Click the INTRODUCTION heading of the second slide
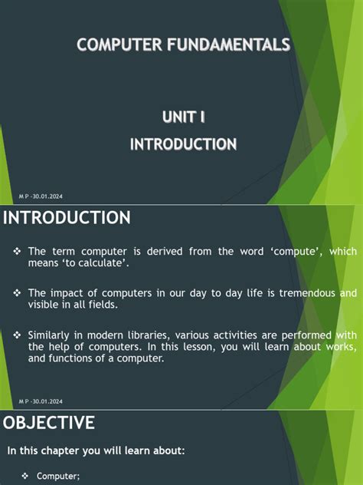(67, 219)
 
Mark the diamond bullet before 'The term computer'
(17, 252)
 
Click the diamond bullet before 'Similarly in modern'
(17, 335)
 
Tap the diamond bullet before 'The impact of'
(17, 293)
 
